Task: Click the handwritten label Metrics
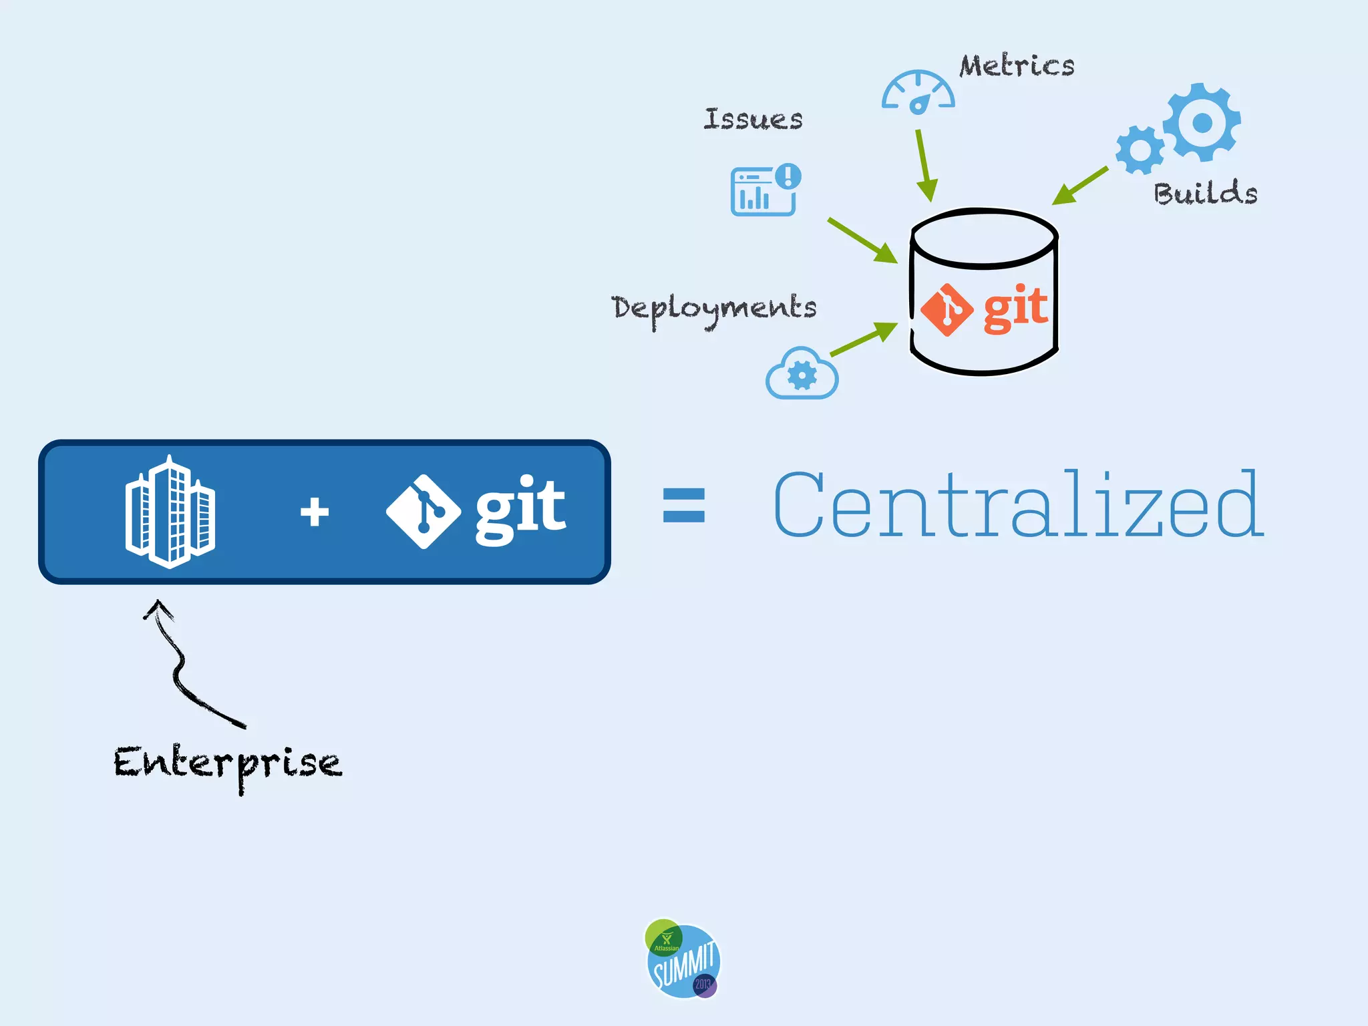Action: [x=1017, y=65]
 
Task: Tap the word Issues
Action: [x=753, y=119]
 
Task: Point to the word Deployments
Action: [x=713, y=308]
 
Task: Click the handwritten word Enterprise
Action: [x=227, y=763]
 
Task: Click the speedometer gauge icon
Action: [x=918, y=92]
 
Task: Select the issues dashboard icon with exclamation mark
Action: [x=765, y=190]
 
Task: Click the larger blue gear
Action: [x=1202, y=122]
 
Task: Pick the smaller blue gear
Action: [x=1140, y=150]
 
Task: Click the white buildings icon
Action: [x=170, y=512]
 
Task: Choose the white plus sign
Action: [x=315, y=512]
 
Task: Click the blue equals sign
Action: [x=683, y=505]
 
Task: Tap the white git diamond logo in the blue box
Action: [x=423, y=512]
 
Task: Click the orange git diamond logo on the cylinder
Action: [x=947, y=310]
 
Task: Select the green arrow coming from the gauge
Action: [x=924, y=164]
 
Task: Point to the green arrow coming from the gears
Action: [x=1079, y=186]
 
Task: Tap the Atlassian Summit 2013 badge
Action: [x=683, y=959]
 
